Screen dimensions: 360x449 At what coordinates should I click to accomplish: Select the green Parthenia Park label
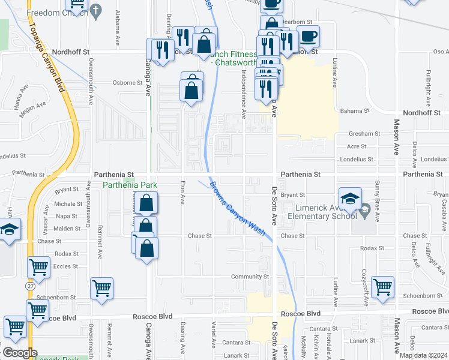(130, 185)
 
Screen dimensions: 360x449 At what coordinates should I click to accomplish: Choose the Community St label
(250, 277)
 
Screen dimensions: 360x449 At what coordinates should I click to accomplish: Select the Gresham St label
(365, 134)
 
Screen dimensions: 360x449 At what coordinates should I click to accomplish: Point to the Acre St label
(357, 146)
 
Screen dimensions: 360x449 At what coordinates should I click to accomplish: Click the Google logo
(20, 353)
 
